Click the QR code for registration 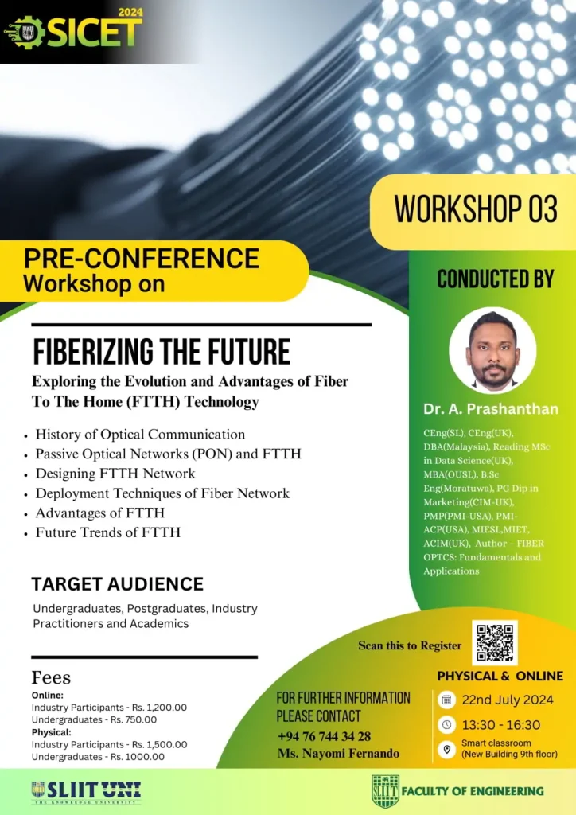(x=495, y=642)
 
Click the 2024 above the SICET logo (x=130, y=12)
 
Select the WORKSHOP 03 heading (x=476, y=209)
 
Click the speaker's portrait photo (x=492, y=350)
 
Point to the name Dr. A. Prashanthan (x=491, y=409)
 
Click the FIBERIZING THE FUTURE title (x=162, y=352)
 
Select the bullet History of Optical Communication (x=140, y=434)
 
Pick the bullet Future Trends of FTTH (x=107, y=532)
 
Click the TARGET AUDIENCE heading (x=118, y=583)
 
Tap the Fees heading (x=51, y=677)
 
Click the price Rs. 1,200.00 (x=159, y=708)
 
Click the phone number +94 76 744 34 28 (x=324, y=736)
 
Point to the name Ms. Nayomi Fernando (x=338, y=753)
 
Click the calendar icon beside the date (x=446, y=700)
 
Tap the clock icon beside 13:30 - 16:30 (x=446, y=724)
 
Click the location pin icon (x=446, y=749)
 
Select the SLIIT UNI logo (x=86, y=792)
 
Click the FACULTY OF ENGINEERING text (x=473, y=791)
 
